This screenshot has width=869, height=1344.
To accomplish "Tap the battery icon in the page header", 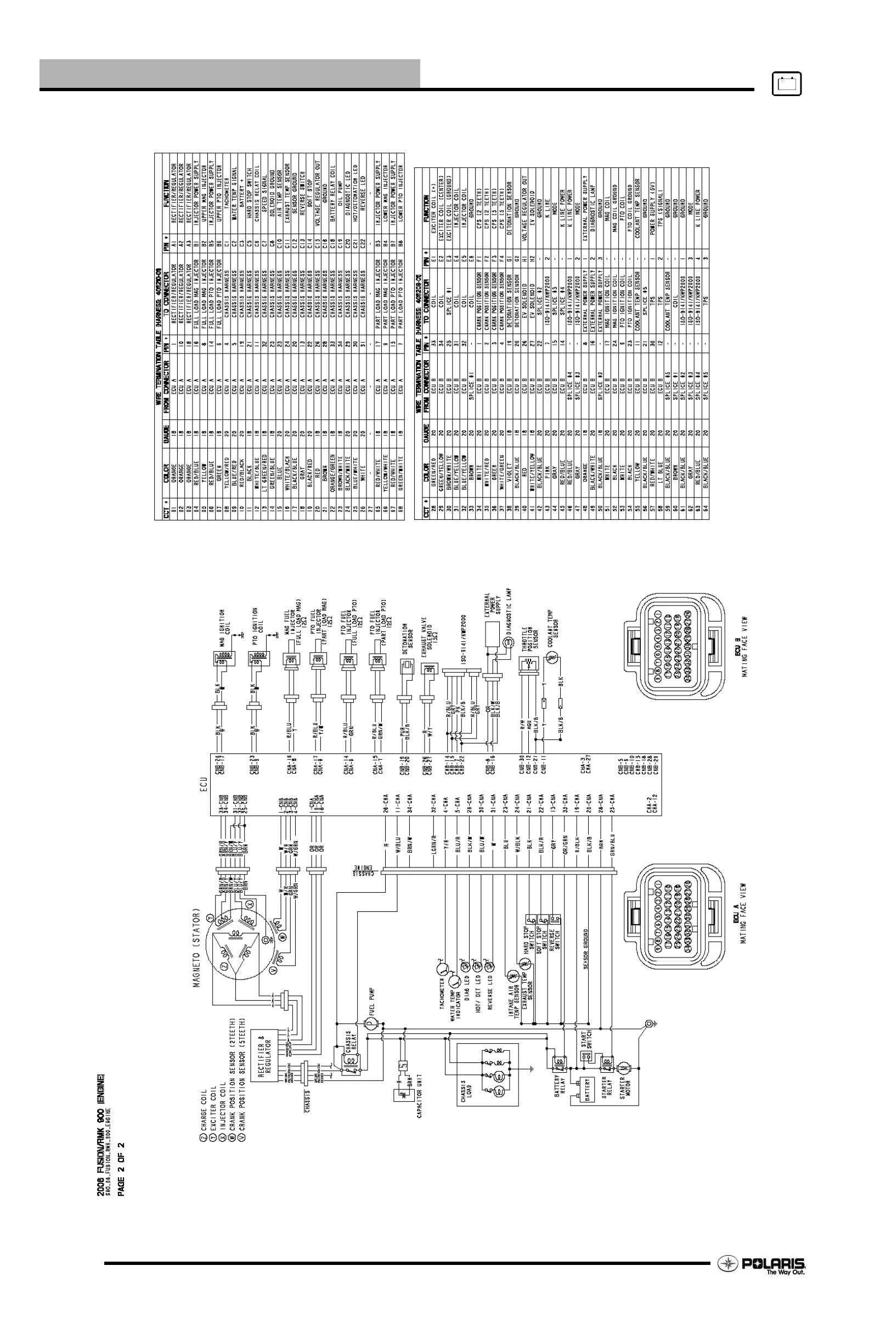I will pos(787,85).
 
